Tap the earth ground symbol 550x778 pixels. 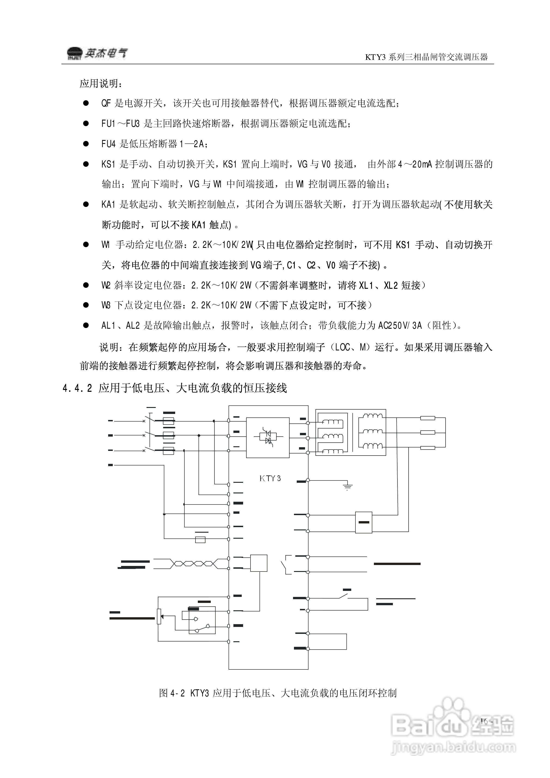[348, 487]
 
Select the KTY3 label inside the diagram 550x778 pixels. [270, 478]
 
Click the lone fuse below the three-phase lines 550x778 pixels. [200, 540]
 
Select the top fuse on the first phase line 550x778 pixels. [168, 421]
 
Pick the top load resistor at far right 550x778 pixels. [428, 418]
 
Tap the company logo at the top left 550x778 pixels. [97, 53]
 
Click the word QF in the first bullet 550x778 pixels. [106, 103]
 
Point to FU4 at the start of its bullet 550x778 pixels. [109, 144]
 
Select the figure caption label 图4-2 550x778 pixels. [172, 693]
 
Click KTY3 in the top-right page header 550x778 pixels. [375, 57]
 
